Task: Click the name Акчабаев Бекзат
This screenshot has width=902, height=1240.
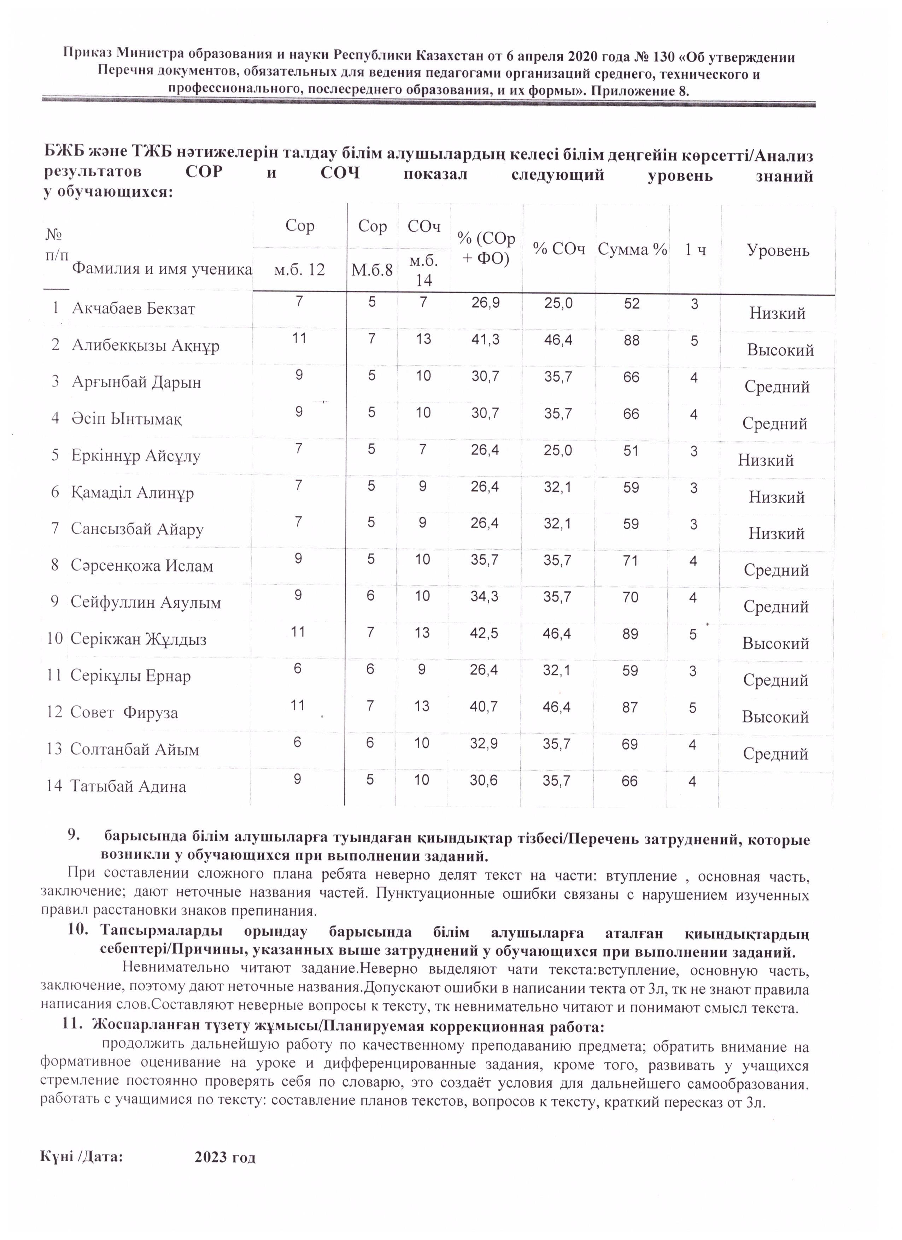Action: (x=134, y=309)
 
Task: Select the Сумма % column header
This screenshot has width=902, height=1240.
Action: (x=632, y=250)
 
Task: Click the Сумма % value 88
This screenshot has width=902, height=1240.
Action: (x=632, y=341)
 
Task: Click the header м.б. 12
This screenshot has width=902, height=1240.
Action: (x=299, y=270)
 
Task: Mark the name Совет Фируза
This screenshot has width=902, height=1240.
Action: (x=124, y=713)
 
